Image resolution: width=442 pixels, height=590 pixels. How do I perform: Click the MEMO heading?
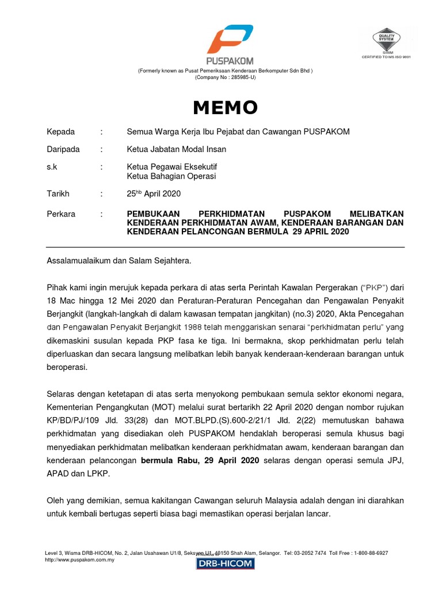(x=225, y=107)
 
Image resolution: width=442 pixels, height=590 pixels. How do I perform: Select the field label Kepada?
(x=60, y=132)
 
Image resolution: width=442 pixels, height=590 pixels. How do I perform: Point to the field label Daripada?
(x=63, y=149)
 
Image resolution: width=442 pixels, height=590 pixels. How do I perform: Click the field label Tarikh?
(x=58, y=194)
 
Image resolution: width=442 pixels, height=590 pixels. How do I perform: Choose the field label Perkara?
(x=60, y=214)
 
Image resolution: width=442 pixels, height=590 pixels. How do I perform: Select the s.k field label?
(x=52, y=167)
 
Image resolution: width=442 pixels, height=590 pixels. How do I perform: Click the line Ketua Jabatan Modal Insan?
(x=176, y=149)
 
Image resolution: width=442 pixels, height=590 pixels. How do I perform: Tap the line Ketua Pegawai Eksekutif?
(x=172, y=167)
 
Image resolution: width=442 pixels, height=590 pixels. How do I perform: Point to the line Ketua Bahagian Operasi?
(x=171, y=176)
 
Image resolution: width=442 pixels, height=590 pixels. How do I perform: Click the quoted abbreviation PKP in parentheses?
(x=375, y=286)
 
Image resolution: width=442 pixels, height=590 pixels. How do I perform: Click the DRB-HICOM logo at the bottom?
(x=224, y=563)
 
